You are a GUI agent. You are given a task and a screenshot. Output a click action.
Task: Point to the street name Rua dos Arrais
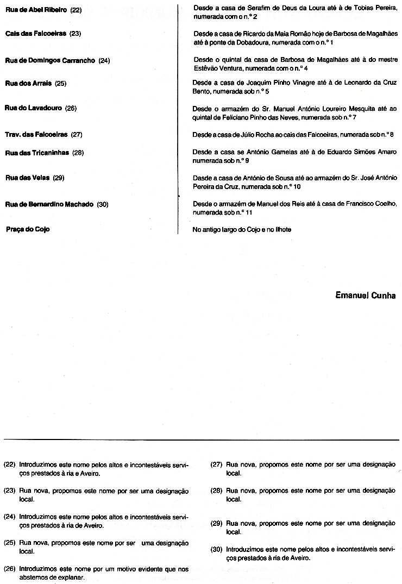(29, 84)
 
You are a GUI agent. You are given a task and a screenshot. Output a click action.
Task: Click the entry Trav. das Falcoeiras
(36, 134)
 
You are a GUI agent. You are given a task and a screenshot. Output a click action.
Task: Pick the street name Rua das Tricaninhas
(37, 153)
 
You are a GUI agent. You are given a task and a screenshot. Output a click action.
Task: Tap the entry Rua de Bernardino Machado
(49, 204)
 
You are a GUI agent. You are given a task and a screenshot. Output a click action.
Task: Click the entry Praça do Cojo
(28, 229)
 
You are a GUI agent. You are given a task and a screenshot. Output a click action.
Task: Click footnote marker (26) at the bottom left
(10, 569)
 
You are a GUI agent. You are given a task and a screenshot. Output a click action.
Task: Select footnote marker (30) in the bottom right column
(217, 550)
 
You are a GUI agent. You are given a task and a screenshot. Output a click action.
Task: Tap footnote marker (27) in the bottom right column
(217, 465)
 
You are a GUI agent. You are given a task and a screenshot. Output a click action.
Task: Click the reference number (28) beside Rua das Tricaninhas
(78, 153)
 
